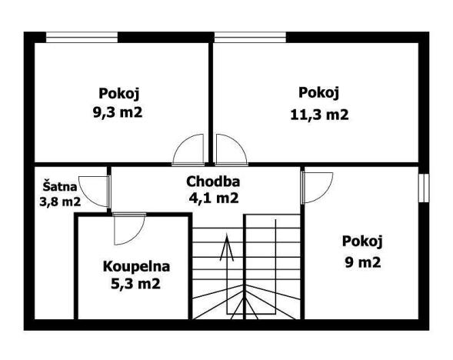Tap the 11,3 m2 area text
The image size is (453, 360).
319,115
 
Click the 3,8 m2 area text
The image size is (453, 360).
61,202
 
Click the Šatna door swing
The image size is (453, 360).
96,191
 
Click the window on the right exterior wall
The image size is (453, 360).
424,188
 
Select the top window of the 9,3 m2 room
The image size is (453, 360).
82,36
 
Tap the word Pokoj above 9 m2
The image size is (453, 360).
362,241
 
